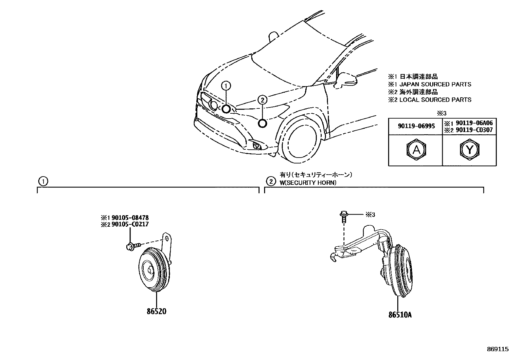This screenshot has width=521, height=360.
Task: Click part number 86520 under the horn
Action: coord(156,311)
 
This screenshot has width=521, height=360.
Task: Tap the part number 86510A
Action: coord(400,315)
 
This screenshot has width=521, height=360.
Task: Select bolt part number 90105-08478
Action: coord(130,218)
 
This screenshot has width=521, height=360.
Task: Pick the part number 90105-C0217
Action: coord(130,224)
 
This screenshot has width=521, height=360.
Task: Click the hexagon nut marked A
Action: coord(416,150)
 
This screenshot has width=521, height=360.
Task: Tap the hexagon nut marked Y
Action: coord(469,150)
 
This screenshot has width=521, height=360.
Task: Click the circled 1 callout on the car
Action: coord(226,86)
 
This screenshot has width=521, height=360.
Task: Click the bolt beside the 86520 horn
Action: coord(133,245)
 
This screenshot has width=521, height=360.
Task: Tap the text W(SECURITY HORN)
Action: coord(308,183)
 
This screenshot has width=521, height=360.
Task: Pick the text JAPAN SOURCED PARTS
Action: coord(435,85)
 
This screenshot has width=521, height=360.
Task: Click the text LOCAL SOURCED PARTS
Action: coord(435,100)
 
